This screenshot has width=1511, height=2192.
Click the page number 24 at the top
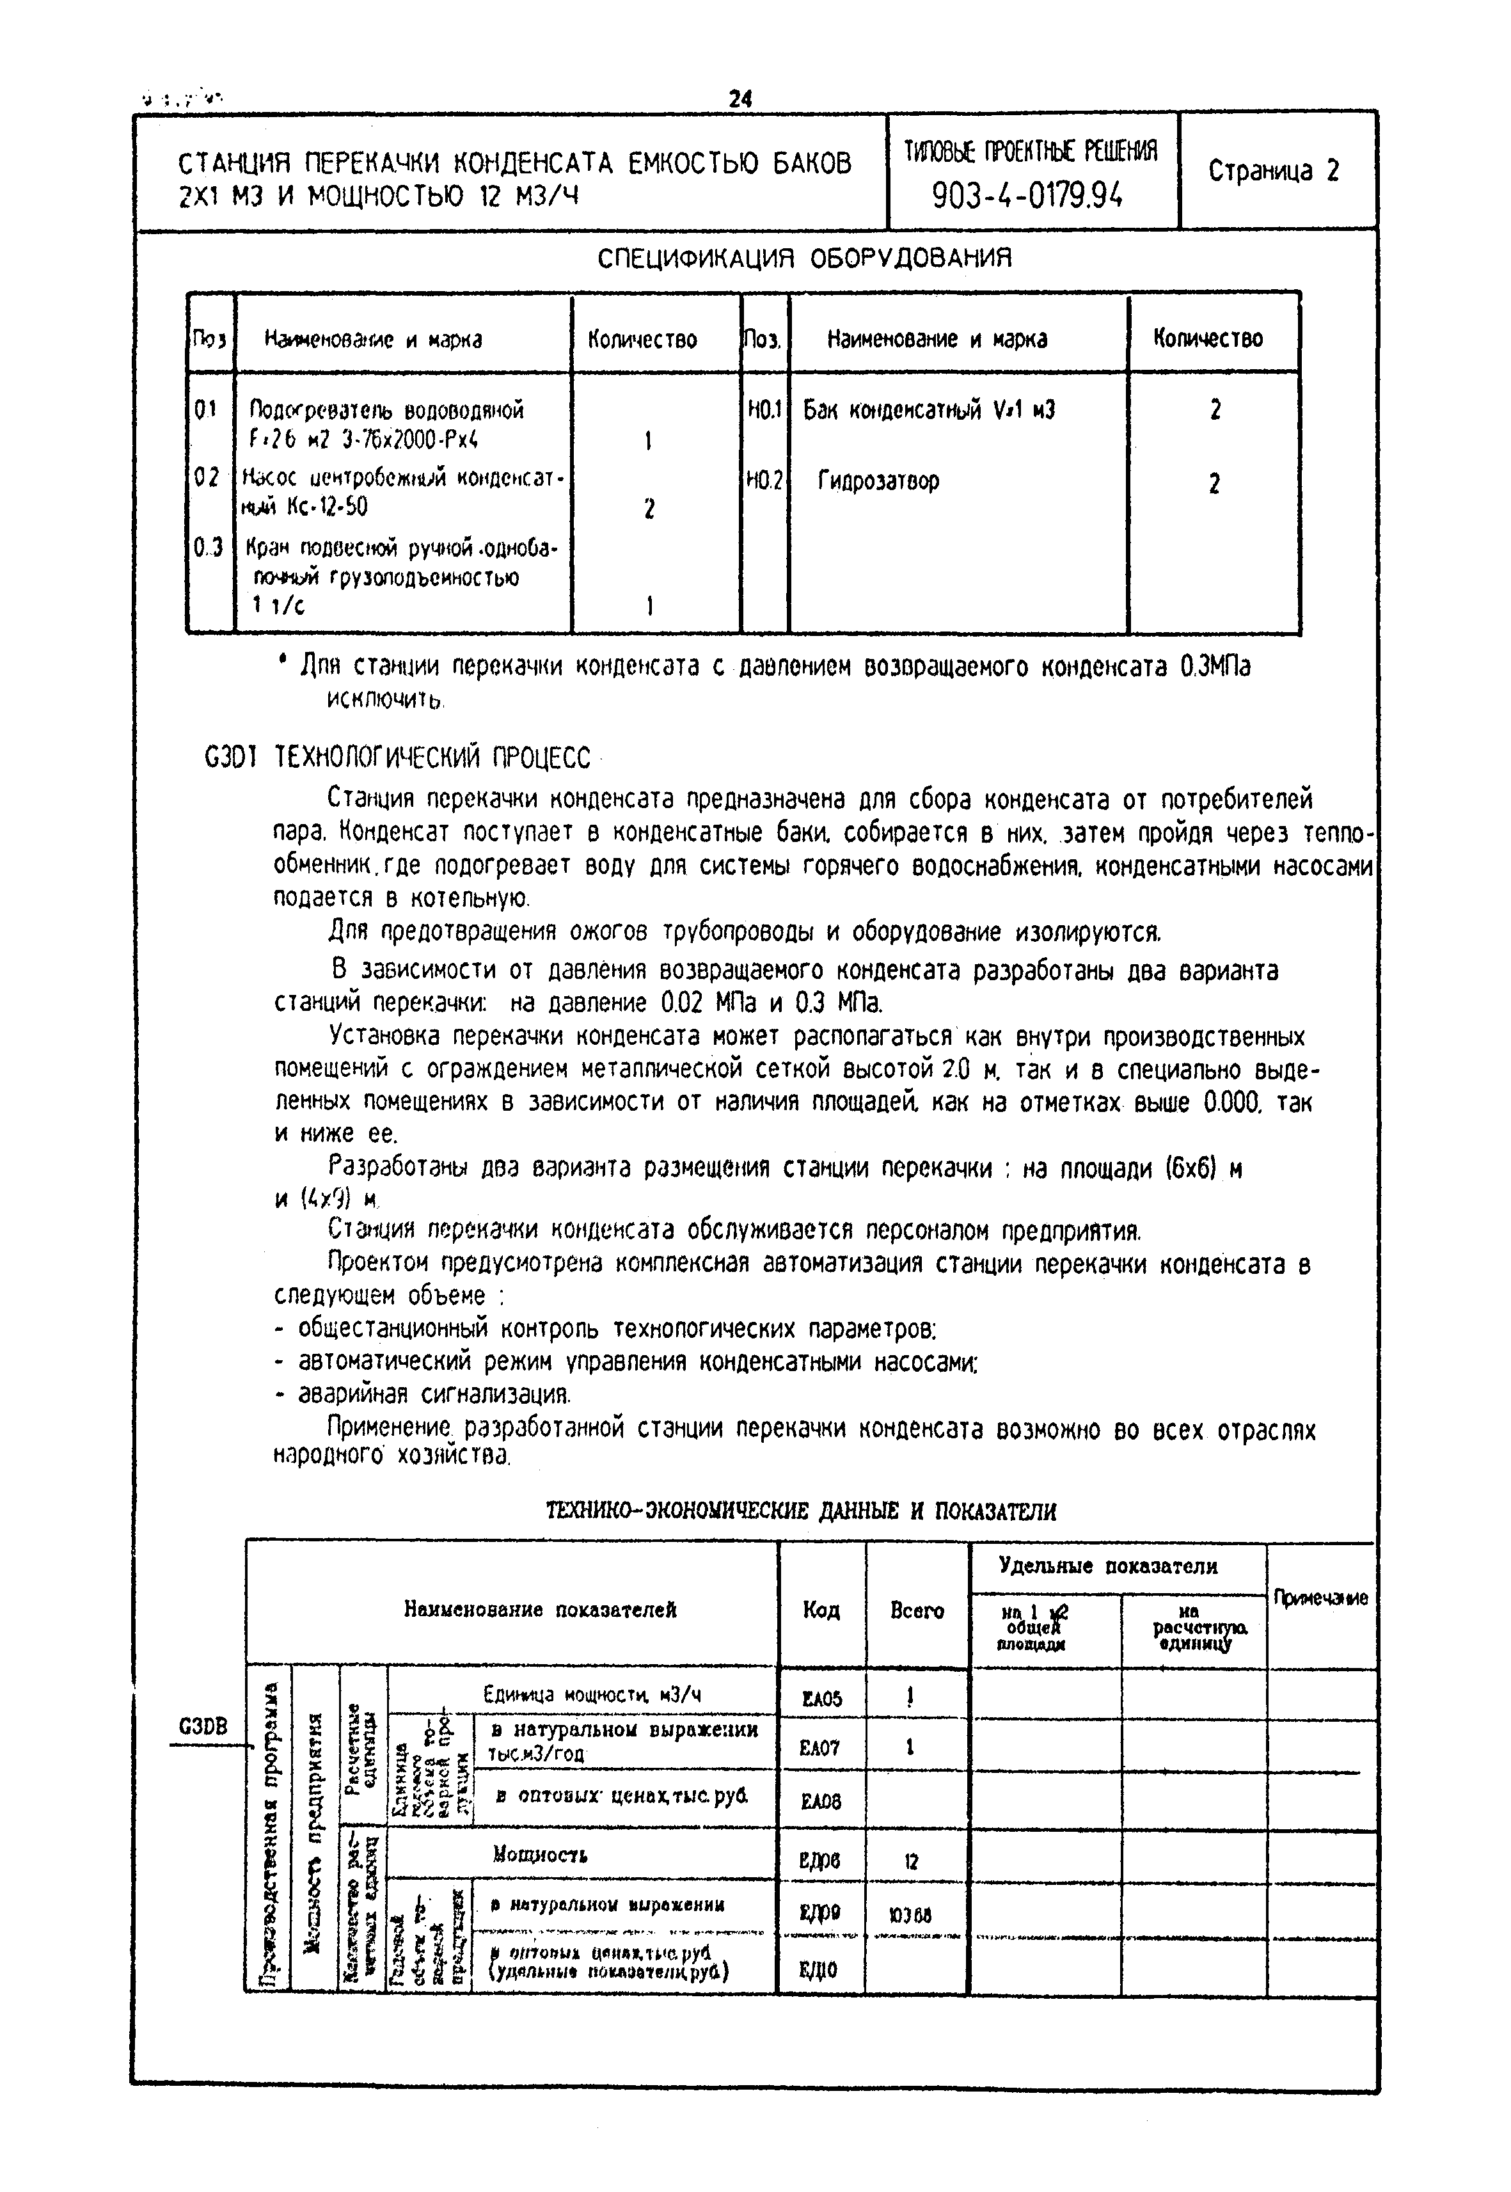tap(740, 99)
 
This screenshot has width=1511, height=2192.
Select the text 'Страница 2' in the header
tap(1274, 171)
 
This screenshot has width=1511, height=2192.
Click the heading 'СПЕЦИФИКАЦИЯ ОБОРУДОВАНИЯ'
tap(805, 258)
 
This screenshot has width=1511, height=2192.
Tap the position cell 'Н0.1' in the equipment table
tap(764, 410)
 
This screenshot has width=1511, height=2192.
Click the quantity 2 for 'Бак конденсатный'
tap(1215, 410)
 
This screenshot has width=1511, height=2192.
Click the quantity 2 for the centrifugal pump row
tap(649, 509)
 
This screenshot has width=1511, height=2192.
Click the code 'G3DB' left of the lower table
tap(203, 1726)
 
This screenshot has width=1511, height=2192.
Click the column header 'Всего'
tap(917, 1610)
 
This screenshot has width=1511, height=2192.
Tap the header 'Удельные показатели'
tap(1108, 1566)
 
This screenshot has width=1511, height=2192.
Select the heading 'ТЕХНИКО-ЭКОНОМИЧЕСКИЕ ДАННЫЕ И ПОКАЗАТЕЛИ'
tap(801, 1511)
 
